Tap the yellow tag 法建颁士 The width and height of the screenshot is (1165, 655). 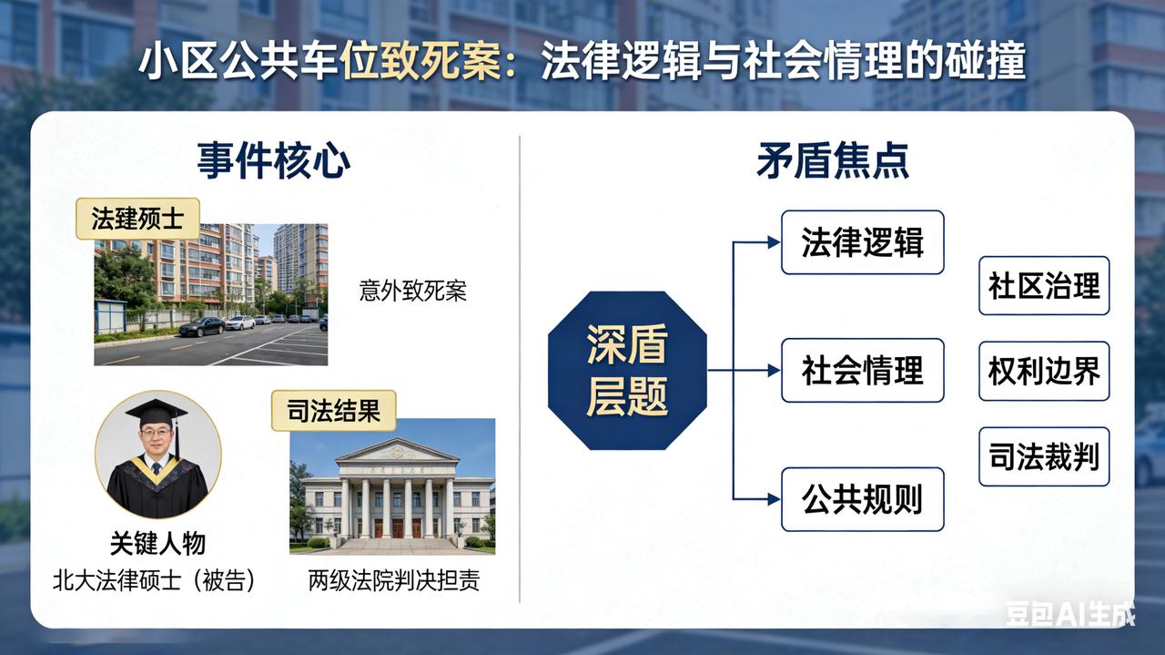137,219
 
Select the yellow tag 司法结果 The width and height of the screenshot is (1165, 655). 333,411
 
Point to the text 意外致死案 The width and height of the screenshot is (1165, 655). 412,292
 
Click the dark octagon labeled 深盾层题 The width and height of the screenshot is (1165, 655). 626,371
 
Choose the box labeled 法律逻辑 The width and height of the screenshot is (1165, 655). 862,242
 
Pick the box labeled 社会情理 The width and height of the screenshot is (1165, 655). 862,371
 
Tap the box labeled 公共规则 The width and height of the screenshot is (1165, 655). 862,499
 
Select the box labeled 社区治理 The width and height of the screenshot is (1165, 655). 1044,286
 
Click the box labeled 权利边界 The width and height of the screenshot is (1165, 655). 1044,371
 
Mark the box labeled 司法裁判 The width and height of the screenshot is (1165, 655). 1044,456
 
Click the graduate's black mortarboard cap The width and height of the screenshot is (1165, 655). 157,413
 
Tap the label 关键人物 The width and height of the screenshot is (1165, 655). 157,544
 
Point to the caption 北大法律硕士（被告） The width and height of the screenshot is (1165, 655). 154,581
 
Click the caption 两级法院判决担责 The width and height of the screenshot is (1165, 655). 393,581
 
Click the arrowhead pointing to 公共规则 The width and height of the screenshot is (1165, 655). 774,499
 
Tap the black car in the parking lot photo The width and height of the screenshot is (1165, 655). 201,327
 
